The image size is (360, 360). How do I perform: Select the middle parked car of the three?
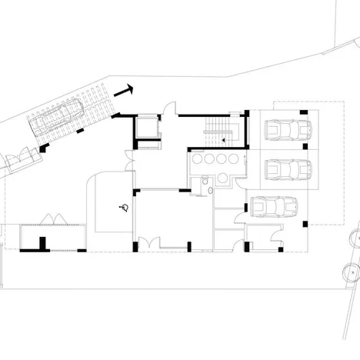tap(287, 169)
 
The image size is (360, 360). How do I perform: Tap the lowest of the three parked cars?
tap(274, 207)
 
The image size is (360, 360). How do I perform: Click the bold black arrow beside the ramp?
tap(124, 91)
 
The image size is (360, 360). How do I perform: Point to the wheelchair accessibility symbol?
tap(122, 206)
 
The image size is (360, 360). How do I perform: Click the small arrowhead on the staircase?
tap(224, 139)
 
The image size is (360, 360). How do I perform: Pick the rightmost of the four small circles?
tap(235, 159)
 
